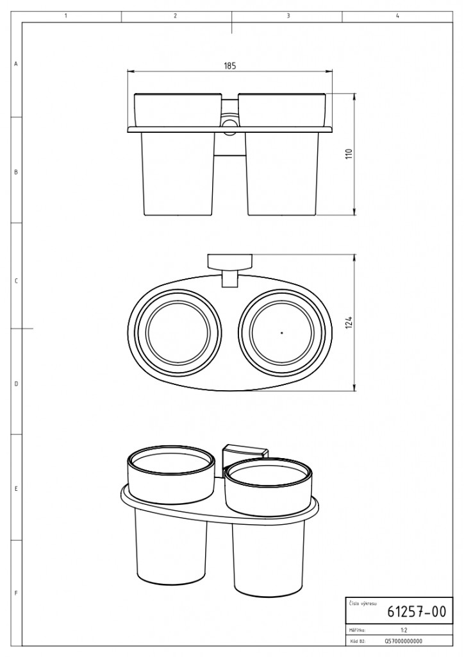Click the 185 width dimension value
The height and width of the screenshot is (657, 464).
click(x=229, y=66)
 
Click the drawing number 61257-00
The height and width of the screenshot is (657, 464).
click(x=417, y=611)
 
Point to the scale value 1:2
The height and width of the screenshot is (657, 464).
click(x=404, y=630)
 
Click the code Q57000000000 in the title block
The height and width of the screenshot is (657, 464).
click(x=403, y=641)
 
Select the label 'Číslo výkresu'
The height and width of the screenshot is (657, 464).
click(x=363, y=604)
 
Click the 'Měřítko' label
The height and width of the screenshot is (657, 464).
click(x=357, y=630)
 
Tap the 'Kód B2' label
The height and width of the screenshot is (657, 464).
click(x=356, y=641)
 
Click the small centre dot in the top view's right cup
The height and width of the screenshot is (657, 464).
click(x=282, y=333)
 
